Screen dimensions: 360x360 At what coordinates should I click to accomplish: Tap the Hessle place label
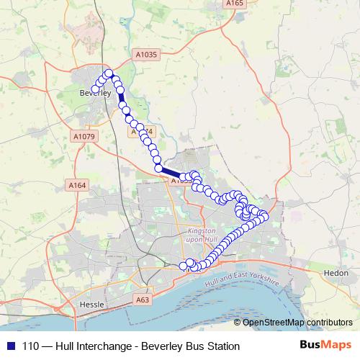coord(89,305)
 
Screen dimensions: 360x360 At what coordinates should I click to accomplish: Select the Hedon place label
coord(336,274)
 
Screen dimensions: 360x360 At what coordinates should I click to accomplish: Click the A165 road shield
coord(233,4)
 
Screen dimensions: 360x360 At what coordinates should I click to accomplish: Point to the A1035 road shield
coord(146,54)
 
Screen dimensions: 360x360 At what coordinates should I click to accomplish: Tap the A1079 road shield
coord(83,135)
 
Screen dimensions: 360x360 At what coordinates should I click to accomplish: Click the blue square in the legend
coord(9,346)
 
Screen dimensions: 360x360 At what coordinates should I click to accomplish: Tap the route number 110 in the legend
coord(31,346)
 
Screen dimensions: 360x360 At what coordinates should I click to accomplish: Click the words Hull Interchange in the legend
coord(92,346)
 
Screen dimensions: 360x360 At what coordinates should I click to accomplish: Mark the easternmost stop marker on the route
coord(264,216)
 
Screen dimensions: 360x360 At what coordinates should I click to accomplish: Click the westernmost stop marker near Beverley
coord(95,89)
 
